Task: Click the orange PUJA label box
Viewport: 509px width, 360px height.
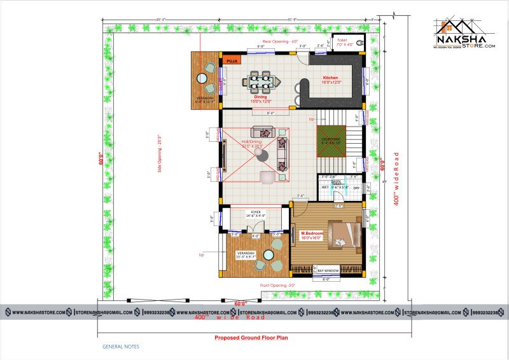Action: pyautogui.click(x=232, y=61)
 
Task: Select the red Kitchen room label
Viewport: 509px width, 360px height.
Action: pyautogui.click(x=331, y=78)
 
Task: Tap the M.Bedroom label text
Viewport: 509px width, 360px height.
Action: pyautogui.click(x=312, y=233)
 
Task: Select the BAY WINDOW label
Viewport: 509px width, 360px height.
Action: pyautogui.click(x=328, y=270)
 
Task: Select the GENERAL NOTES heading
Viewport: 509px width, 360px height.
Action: pyautogui.click(x=121, y=347)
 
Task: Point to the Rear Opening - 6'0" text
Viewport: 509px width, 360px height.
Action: pyautogui.click(x=281, y=41)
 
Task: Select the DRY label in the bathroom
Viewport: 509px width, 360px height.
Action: pyautogui.click(x=356, y=188)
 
